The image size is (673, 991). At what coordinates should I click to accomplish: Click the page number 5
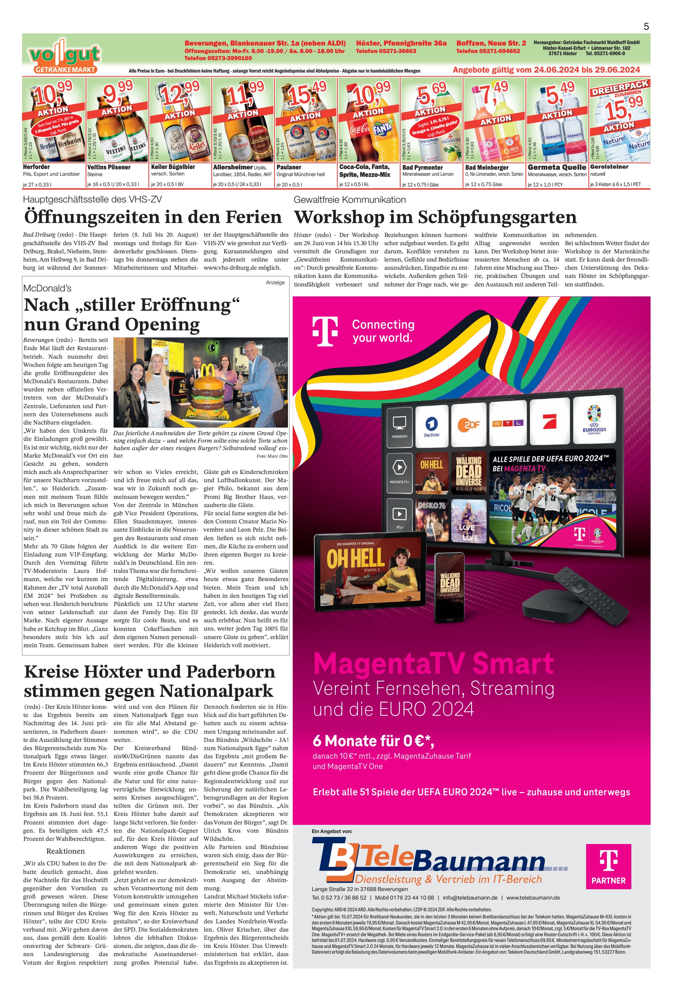(x=646, y=26)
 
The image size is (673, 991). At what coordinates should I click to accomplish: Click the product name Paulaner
(x=288, y=167)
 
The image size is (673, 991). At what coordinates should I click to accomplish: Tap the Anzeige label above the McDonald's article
(x=275, y=282)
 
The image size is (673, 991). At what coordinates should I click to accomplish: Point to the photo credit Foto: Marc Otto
(x=272, y=456)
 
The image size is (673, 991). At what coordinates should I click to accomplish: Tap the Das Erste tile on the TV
(x=432, y=424)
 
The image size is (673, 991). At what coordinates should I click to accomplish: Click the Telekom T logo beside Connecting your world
(x=325, y=331)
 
